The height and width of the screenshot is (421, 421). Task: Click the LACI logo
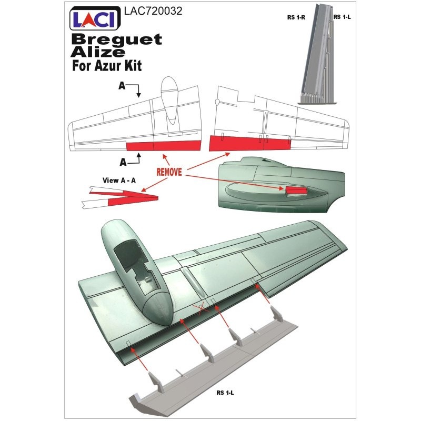coord(95,18)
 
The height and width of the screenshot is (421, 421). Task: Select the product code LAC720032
coord(153,11)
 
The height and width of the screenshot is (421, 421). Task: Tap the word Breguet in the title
coord(117,39)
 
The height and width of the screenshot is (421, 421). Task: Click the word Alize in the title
coord(98,52)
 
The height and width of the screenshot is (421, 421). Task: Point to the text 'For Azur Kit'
coord(107,66)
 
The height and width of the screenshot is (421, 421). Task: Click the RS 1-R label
coord(296,17)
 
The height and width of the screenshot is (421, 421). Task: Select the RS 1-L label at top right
coord(342,17)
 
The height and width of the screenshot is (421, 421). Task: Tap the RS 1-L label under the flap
coord(225,393)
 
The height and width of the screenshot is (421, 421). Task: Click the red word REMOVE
coord(169,172)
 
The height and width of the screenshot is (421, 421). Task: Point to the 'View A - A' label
coord(119,181)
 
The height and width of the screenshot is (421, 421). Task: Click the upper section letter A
coord(122,86)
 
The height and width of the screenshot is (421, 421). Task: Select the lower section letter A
coord(123,162)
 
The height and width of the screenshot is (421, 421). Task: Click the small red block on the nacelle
coord(296,191)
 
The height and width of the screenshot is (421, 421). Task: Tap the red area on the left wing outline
coord(164,146)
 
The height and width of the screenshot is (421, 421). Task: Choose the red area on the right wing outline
coord(249,143)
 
